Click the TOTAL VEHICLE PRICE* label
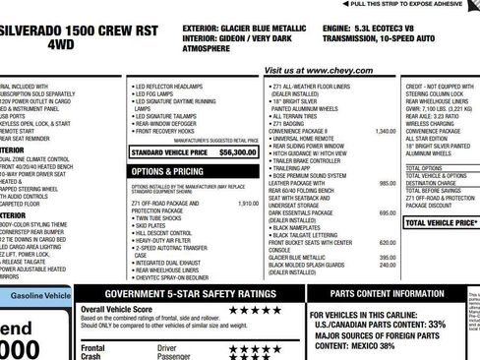440,223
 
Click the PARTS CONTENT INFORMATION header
389,293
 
